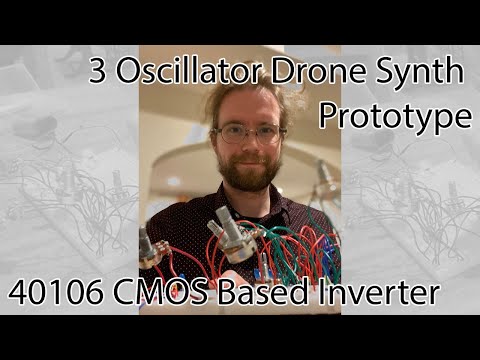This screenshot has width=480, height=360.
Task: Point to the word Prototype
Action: [395, 117]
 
